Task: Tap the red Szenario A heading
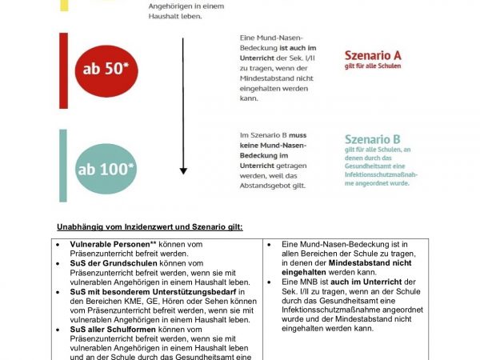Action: tap(373, 56)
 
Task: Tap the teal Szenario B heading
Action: tap(372, 139)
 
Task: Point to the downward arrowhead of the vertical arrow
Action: tap(183, 170)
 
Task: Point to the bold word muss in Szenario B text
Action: tap(297, 135)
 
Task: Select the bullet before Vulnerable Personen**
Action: tap(61, 243)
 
